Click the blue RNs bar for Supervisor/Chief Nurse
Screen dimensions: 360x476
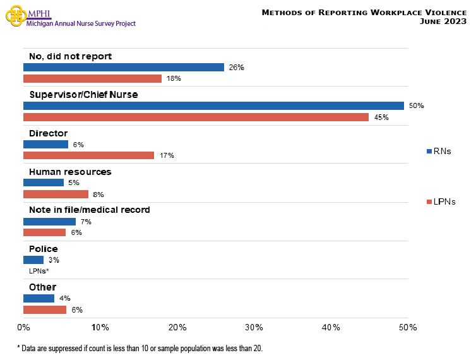pyautogui.click(x=213, y=105)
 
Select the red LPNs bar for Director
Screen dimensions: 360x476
pyautogui.click(x=88, y=155)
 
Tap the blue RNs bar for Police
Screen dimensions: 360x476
pyautogui.click(x=33, y=260)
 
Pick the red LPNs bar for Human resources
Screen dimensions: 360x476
pyautogui.click(x=56, y=194)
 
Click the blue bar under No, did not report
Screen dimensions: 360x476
pyautogui.click(x=124, y=67)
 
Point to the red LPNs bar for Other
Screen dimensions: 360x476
pyautogui.click(x=44, y=309)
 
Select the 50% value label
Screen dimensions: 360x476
pyautogui.click(x=416, y=105)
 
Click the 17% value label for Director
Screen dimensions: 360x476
pyautogui.click(x=166, y=155)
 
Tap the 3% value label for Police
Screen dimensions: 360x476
pyautogui.click(x=54, y=260)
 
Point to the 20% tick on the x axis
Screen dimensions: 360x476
pyautogui.click(x=177, y=327)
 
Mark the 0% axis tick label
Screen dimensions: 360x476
pyautogui.click(x=23, y=327)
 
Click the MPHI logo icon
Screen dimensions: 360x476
pyautogui.click(x=15, y=15)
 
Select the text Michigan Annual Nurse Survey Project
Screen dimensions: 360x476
pyautogui.click(x=81, y=23)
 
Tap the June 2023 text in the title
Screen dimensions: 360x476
pyautogui.click(x=443, y=21)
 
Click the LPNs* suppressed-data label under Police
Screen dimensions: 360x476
pyautogui.click(x=39, y=271)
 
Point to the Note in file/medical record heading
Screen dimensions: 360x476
pyautogui.click(x=90, y=210)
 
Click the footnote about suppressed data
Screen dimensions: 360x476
pyautogui.click(x=139, y=348)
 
